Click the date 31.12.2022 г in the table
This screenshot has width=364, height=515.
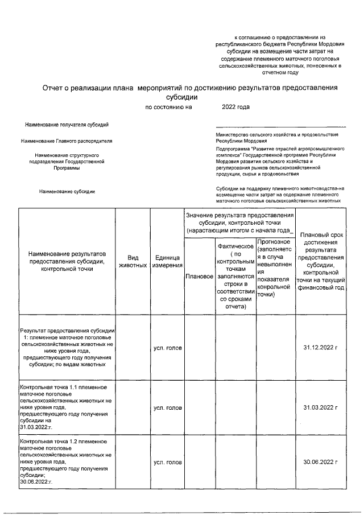[321, 348]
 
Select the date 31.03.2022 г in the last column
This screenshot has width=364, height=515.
[321, 407]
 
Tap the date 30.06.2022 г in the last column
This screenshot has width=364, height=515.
[321, 462]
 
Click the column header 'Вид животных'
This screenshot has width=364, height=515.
[133, 262]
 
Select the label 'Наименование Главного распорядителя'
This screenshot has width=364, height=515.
[67, 141]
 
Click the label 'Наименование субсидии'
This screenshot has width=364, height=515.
[67, 192]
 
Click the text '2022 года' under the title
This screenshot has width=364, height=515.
[235, 107]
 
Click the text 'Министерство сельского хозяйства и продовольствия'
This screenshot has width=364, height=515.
[277, 134]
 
